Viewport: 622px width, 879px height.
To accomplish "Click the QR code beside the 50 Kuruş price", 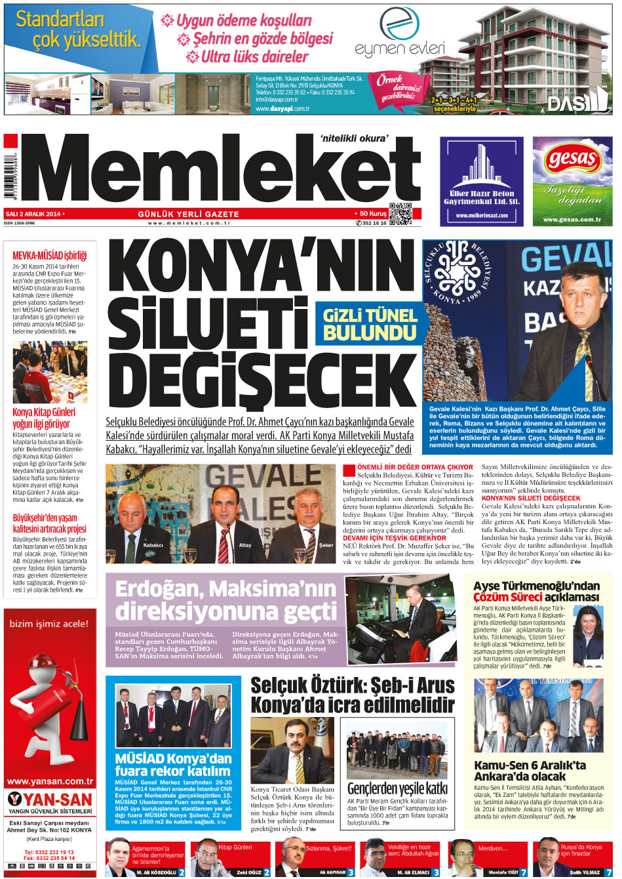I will pos(400,215).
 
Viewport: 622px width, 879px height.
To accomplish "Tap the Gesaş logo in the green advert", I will pos(572,159).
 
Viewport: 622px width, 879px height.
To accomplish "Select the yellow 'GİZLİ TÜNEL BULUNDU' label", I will pos(370,324).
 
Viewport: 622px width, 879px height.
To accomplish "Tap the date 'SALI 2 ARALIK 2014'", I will pos(33,214).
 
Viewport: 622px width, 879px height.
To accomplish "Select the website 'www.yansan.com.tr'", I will pos(50,781).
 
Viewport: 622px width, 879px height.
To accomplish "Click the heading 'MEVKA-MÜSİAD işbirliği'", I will pos(49,255).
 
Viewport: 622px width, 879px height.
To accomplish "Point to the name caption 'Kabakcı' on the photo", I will pos(153,545).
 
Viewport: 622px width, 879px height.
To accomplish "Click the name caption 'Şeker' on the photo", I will pos(325,545).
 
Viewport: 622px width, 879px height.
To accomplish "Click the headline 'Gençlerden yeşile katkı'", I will pos(397,788).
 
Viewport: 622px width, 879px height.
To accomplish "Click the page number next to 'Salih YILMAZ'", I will pos(608,872).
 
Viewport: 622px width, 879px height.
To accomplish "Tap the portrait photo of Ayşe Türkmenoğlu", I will pos(588,635).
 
